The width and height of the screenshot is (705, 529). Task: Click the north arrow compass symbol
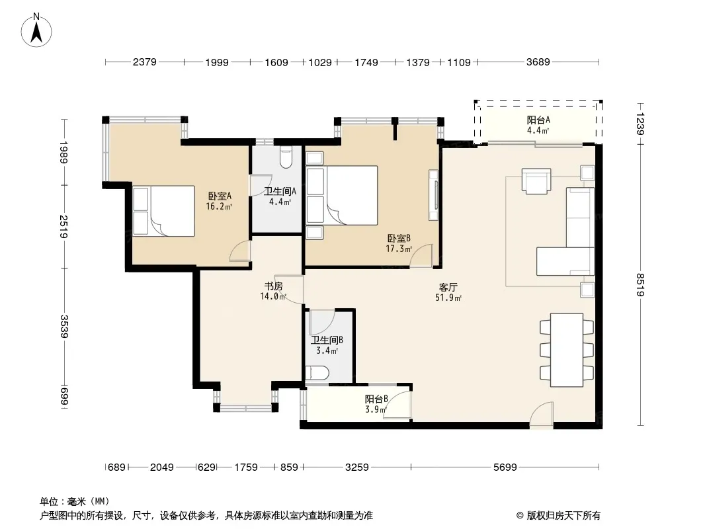click(x=36, y=30)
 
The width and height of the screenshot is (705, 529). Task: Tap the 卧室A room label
click(x=220, y=196)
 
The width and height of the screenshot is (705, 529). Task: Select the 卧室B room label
click(x=399, y=238)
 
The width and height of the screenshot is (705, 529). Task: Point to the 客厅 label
click(x=448, y=287)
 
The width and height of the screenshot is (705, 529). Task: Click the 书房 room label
click(x=273, y=286)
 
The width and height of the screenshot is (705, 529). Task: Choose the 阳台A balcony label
click(x=538, y=120)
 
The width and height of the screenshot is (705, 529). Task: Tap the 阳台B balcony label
click(x=376, y=399)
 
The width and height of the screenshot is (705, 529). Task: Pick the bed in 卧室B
click(x=342, y=196)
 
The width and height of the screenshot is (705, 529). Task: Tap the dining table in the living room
click(x=567, y=350)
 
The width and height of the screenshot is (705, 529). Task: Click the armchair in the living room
click(x=536, y=181)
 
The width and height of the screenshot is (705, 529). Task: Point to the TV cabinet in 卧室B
click(x=433, y=195)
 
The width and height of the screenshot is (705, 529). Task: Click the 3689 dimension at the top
click(x=538, y=62)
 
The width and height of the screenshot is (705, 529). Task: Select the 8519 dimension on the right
click(x=641, y=285)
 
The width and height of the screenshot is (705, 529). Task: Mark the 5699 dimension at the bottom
click(x=505, y=468)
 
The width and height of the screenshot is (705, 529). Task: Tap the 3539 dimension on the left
click(x=64, y=327)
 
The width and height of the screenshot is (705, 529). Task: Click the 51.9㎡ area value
click(x=448, y=298)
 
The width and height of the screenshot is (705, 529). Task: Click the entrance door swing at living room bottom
click(x=541, y=413)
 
